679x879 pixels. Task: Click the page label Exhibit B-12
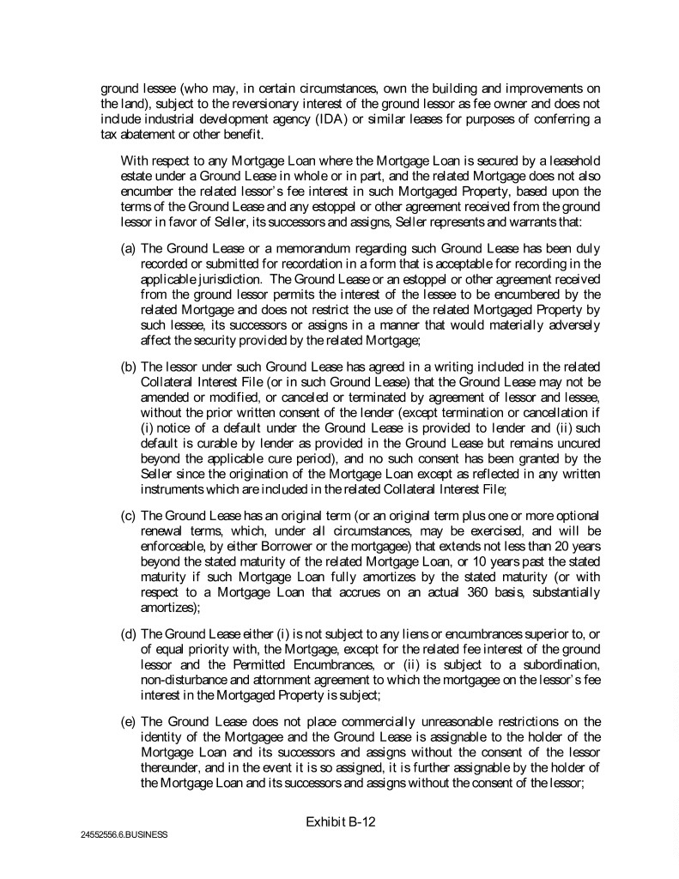[x=340, y=821]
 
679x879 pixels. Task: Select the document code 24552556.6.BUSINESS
[x=119, y=834]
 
